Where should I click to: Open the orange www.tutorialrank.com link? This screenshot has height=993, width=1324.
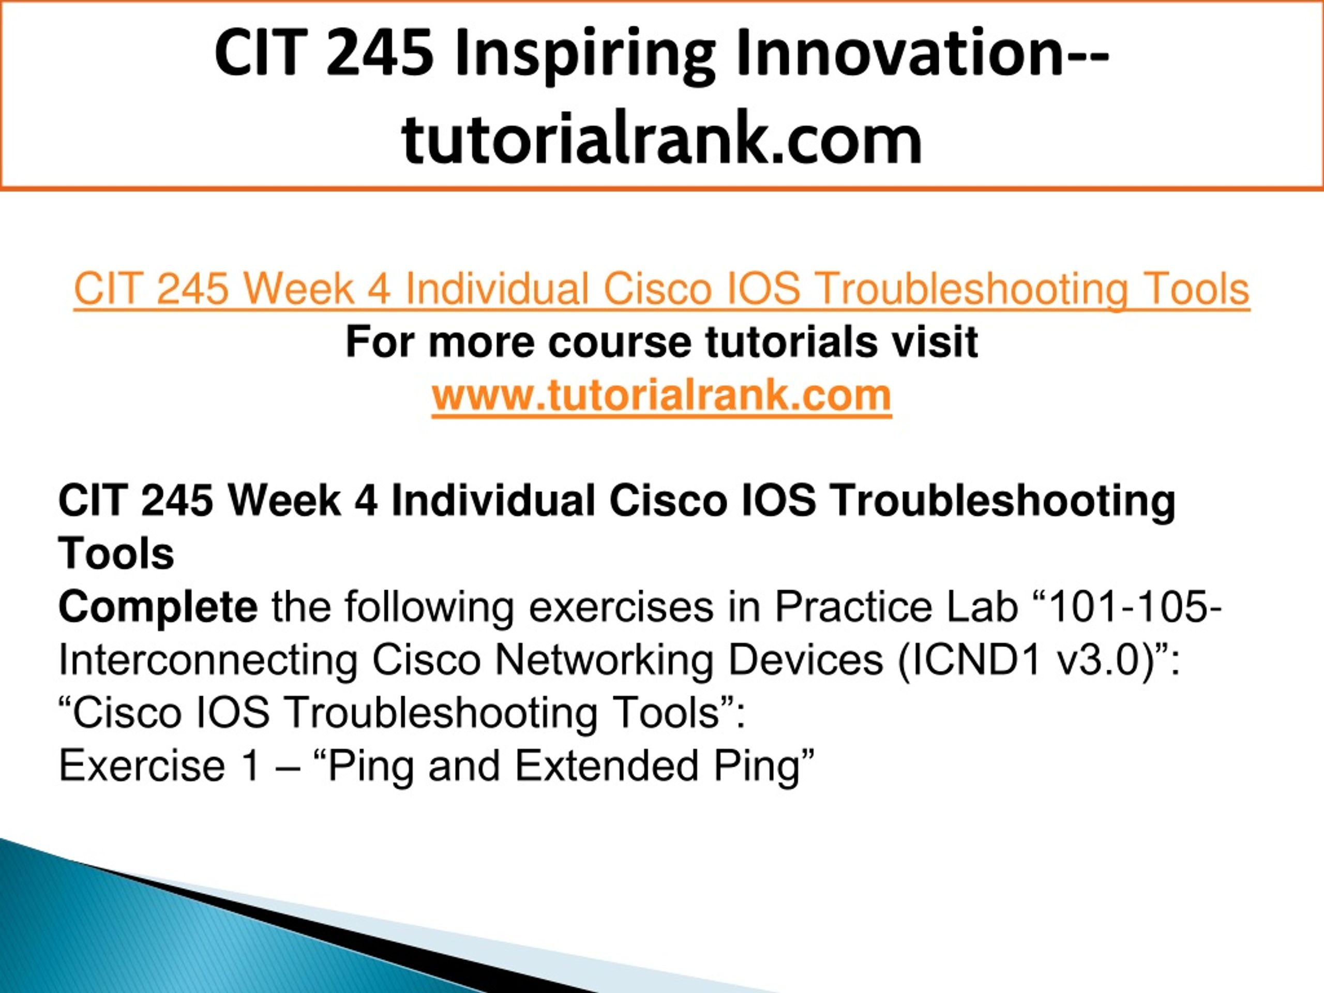click(661, 395)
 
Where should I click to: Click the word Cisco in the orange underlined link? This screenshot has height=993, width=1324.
click(657, 289)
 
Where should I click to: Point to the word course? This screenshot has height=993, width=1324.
click(619, 343)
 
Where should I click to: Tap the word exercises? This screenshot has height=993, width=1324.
click(621, 607)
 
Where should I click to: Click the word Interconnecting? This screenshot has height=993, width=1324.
click(208, 661)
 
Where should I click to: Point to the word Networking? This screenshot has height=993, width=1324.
click(604, 661)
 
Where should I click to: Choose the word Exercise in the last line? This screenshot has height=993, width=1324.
click(142, 765)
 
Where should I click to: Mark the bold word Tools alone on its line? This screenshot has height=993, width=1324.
click(116, 554)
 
